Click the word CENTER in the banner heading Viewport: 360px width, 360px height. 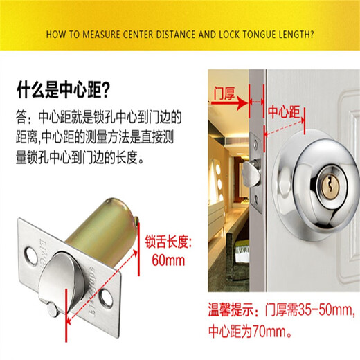pos(138,35)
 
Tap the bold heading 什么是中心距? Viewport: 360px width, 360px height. pos(63,89)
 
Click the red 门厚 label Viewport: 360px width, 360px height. pos(224,93)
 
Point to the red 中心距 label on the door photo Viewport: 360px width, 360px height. pos(284,112)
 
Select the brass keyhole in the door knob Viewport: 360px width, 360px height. pos(330,186)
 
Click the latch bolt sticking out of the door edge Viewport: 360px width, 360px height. pos(250,174)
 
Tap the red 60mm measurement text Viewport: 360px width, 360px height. pos(168,260)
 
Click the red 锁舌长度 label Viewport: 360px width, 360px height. pos(168,242)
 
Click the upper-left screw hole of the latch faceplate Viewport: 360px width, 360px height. pos(30,255)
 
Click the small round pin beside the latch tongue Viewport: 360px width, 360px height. pos(52,309)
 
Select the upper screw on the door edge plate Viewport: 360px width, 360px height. pos(255,144)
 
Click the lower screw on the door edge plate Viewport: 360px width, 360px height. pos(256,199)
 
